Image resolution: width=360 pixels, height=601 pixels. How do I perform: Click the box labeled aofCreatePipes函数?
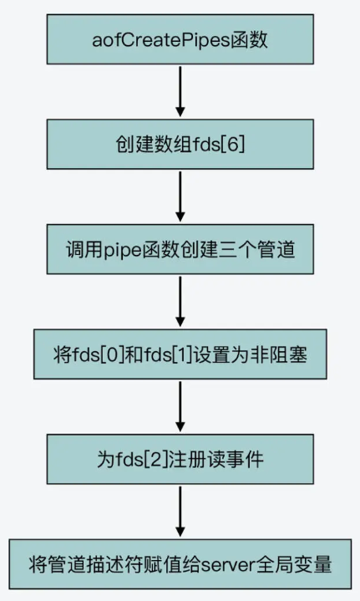180,39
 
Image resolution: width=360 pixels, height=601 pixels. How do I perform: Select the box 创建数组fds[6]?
180,144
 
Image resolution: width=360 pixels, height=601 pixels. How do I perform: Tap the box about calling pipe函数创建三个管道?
180,249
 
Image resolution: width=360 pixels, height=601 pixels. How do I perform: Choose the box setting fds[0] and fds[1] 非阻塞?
180,354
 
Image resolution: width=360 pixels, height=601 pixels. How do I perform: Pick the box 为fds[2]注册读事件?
180,459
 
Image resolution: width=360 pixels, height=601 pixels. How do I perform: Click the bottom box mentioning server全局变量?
180,564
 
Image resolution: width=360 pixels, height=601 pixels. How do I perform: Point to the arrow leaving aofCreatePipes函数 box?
180,92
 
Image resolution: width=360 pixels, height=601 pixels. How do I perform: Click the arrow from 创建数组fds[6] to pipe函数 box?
180,196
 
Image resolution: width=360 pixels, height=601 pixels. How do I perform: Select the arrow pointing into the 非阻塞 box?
180,302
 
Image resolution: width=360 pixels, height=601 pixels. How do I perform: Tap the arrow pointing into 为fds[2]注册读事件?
180,407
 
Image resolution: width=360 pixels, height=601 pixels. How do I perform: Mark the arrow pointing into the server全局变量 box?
180,512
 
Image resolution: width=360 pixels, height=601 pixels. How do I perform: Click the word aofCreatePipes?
161,40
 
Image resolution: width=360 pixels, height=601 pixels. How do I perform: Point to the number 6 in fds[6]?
232,145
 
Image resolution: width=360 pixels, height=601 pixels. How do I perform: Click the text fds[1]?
169,354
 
